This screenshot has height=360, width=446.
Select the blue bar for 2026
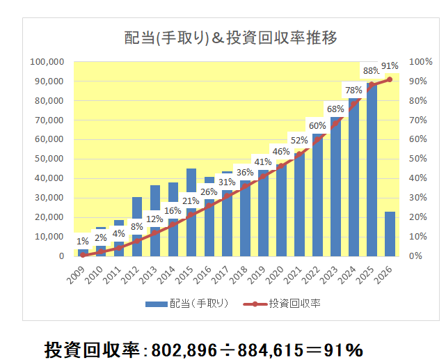[x=390, y=234]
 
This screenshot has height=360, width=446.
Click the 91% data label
[x=390, y=66]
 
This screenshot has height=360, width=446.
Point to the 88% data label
[x=372, y=70]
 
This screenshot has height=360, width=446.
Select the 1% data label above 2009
[x=83, y=240]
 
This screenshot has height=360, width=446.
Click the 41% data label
[x=263, y=162]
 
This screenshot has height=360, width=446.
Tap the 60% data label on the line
[x=317, y=125]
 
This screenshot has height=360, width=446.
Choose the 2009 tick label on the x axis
[x=81, y=274]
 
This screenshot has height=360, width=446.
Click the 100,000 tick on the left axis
[x=47, y=61]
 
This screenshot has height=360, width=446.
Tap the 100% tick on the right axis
[x=420, y=61]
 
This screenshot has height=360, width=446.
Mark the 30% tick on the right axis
[x=418, y=198]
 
